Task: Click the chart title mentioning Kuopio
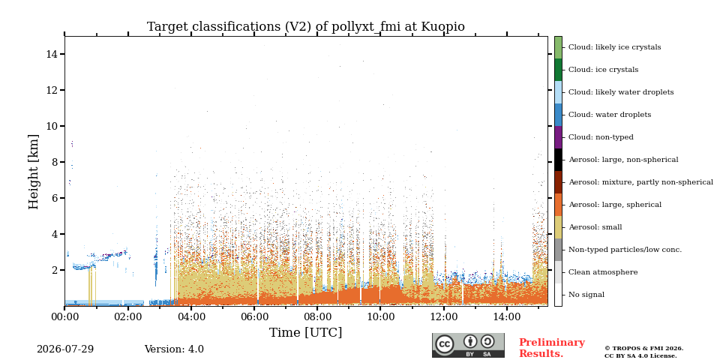[x=306, y=27]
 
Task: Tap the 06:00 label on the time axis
[x=254, y=316]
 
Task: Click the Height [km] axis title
[x=34, y=172]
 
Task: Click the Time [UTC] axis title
[x=306, y=332]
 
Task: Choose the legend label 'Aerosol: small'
[x=595, y=227]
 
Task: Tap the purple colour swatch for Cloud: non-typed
[x=558, y=137]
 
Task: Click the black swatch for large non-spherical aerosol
[x=558, y=160]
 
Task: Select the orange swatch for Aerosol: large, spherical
[x=558, y=205]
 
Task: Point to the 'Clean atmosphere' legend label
[x=603, y=272]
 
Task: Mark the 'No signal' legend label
[x=586, y=295]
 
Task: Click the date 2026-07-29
[x=65, y=349]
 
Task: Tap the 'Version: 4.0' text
[x=174, y=349]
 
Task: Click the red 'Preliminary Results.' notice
[x=552, y=348]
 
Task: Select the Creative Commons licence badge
[x=468, y=345]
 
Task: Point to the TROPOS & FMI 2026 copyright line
[x=643, y=349]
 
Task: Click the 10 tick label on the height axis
[x=52, y=126]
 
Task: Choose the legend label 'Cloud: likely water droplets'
[x=621, y=92]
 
